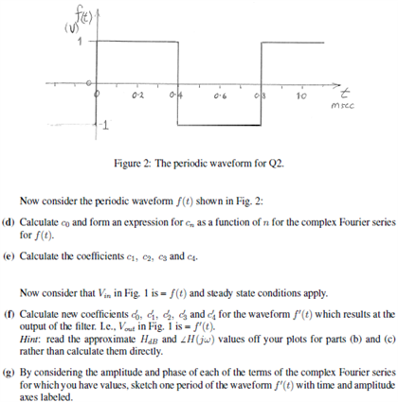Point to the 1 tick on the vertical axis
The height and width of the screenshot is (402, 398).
81,41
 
